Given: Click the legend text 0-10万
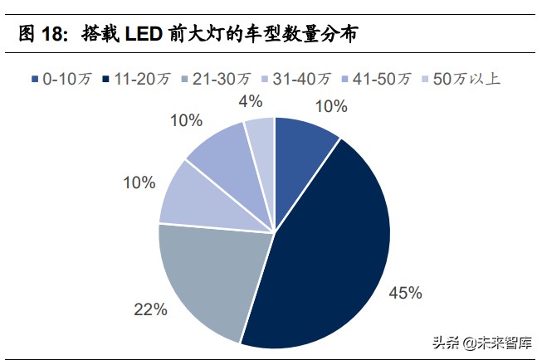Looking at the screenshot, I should (65, 80).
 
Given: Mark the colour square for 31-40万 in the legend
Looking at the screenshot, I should (266, 80).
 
